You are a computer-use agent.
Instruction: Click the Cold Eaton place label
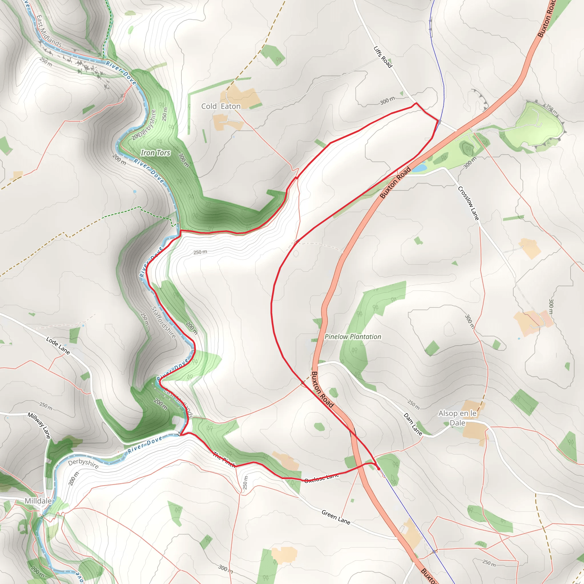pos(221,106)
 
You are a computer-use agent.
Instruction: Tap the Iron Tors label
pos(156,153)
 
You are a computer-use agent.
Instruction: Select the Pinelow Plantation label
pos(353,337)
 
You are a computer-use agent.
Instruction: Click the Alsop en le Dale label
pos(457,418)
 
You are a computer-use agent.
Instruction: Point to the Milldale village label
pos(38,501)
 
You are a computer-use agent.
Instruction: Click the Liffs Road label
pos(383,57)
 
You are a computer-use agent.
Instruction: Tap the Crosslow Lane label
pos(468,203)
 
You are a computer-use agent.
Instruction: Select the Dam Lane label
pos(413,424)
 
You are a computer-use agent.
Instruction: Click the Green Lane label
pos(336,517)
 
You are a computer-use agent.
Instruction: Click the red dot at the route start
pos(378,469)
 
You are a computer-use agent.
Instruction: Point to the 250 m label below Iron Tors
pos(200,252)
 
